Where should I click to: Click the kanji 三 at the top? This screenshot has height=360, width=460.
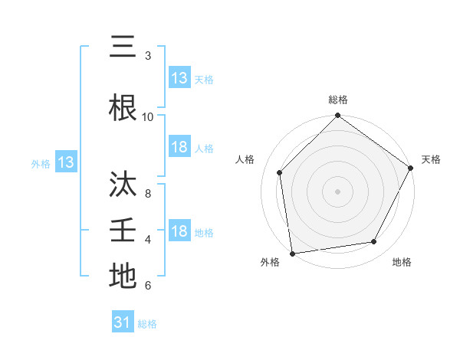click(123, 47)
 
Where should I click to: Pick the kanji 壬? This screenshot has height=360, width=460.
click(123, 231)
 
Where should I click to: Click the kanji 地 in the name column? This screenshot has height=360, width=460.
click(123, 277)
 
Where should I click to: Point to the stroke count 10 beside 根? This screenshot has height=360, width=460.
click(148, 117)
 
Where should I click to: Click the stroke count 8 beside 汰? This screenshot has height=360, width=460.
click(148, 194)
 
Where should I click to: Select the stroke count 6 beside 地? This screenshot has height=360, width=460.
click(148, 286)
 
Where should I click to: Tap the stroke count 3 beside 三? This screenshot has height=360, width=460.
click(148, 56)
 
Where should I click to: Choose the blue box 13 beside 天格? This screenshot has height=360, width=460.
click(179, 78)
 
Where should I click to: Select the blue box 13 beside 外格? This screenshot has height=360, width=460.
click(65, 162)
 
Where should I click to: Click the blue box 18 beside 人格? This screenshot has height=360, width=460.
click(179, 147)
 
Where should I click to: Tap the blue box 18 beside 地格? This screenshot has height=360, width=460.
click(179, 231)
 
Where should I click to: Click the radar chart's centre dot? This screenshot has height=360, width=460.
click(337, 191)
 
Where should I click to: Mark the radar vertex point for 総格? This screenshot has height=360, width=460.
click(337, 116)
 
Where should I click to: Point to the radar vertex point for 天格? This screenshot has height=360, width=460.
click(411, 169)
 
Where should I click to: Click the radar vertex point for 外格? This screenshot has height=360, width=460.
click(292, 253)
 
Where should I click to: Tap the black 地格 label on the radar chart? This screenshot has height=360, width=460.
click(402, 262)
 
